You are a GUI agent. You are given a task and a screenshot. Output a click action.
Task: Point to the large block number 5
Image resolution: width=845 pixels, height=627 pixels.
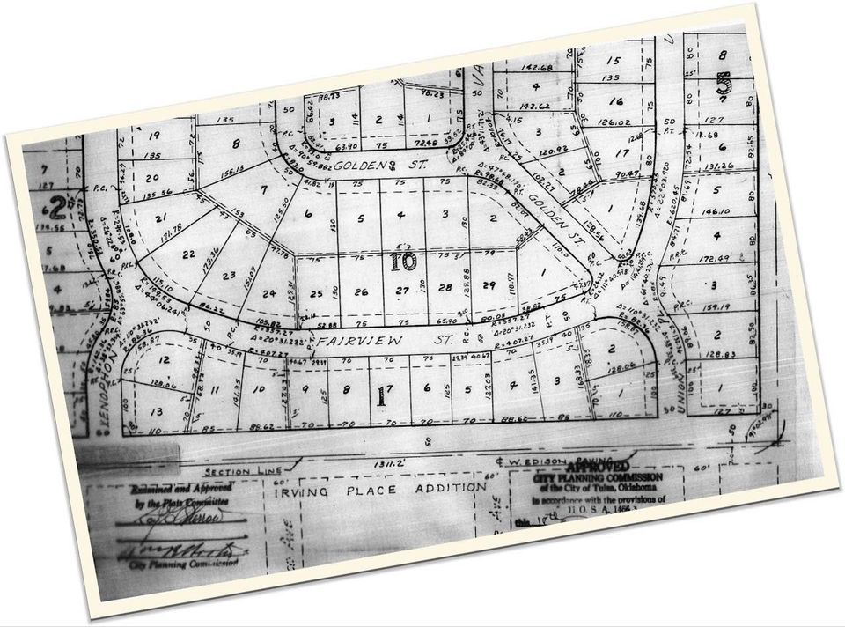(724, 85)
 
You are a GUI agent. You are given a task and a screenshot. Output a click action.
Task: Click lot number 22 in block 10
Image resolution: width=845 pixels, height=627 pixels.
(187, 254)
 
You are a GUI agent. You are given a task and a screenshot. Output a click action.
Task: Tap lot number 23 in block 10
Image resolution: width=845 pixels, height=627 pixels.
(229, 274)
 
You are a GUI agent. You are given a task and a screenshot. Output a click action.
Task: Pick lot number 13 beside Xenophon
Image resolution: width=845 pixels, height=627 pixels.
(158, 412)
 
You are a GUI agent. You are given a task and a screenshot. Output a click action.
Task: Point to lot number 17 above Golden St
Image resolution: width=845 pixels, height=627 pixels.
(623, 152)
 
